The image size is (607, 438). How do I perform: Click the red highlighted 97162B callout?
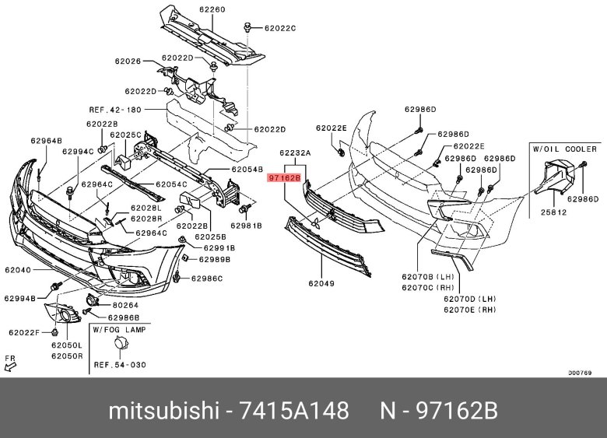pyautogui.click(x=283, y=178)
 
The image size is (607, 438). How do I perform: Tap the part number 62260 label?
pyautogui.click(x=190, y=10)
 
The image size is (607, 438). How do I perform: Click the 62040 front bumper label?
pyautogui.click(x=18, y=270)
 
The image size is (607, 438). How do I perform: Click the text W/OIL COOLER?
pyautogui.click(x=564, y=148)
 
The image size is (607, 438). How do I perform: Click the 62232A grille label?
pyautogui.click(x=295, y=154)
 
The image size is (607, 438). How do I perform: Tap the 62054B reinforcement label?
pyautogui.click(x=247, y=169)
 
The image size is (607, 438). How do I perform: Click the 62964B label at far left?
pyautogui.click(x=46, y=141)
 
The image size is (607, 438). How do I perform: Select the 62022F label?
pyautogui.click(x=25, y=332)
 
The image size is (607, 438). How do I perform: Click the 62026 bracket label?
pyautogui.click(x=128, y=61)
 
